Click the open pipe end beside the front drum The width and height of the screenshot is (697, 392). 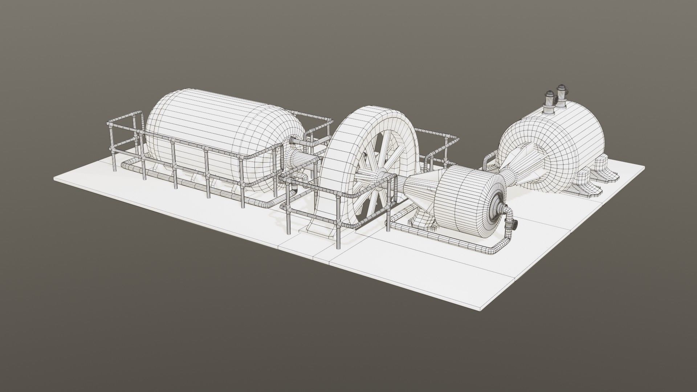(x=515, y=225)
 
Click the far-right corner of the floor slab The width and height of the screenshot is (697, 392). (x=644, y=167)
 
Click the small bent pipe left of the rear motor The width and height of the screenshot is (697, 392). (x=488, y=162)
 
